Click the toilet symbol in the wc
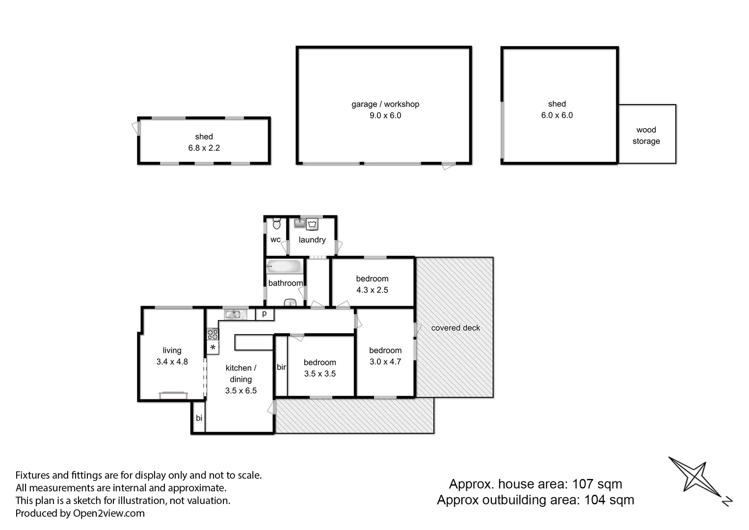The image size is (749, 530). [x=276, y=224]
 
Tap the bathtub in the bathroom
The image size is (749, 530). [x=283, y=267]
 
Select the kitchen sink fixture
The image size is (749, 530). [x=233, y=315]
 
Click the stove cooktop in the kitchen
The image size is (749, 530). [x=213, y=334]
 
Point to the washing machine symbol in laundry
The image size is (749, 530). [x=312, y=225]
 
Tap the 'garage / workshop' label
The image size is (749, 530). [x=385, y=104]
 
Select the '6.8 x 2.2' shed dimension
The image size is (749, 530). [x=204, y=148]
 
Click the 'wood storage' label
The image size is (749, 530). [x=646, y=135]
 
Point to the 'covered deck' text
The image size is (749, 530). [x=455, y=328]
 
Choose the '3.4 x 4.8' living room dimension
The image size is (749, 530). [x=172, y=362]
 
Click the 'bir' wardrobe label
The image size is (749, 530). [x=281, y=367]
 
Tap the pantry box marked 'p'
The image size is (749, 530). [x=265, y=314]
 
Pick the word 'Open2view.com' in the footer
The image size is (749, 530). [x=108, y=513]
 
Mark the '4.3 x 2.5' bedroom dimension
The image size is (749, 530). [x=372, y=290]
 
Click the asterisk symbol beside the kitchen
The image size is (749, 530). [x=213, y=348]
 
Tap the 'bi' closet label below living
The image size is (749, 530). [x=199, y=418]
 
